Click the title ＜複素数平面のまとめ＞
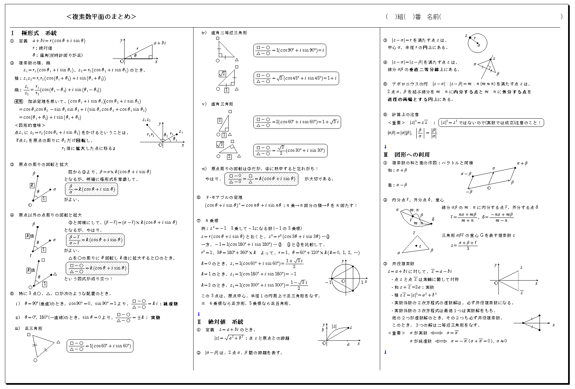click(101, 17)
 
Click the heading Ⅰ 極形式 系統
click(34, 33)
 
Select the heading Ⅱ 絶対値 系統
click(220, 322)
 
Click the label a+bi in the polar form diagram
click(160, 43)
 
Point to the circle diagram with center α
click(477, 43)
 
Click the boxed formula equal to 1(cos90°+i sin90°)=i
click(289, 51)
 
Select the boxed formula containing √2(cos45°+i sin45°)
click(296, 79)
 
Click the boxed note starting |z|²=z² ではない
click(491, 123)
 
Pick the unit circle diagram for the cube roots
click(346, 279)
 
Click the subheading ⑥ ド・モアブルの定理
click(219, 197)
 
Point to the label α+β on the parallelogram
click(522, 163)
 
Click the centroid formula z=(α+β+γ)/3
click(464, 245)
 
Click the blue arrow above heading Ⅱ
click(198, 314)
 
